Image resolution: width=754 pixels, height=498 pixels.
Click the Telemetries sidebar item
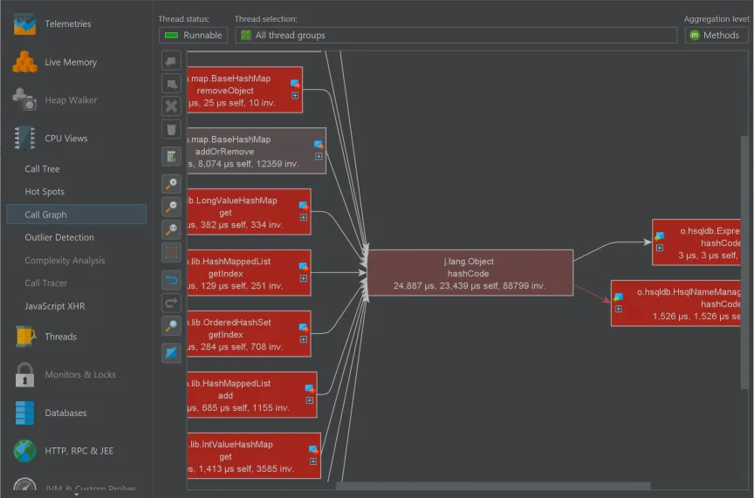click(x=67, y=24)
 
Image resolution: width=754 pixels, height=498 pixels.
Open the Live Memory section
click(x=70, y=62)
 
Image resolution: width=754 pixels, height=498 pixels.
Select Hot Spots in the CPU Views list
click(x=45, y=192)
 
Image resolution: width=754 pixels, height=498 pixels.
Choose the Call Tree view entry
click(x=42, y=169)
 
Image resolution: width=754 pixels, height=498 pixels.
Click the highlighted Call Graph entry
click(x=45, y=215)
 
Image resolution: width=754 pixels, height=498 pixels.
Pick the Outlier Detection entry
click(x=59, y=237)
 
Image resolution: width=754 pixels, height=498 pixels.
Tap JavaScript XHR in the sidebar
click(x=55, y=306)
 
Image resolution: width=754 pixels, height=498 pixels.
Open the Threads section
click(x=60, y=337)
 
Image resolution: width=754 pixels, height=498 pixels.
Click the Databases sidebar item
click(x=65, y=413)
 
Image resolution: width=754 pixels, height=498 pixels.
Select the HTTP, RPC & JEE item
click(x=79, y=451)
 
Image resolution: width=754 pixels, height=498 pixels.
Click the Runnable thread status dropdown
click(x=193, y=35)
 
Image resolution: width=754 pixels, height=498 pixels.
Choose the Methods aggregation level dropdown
click(x=716, y=35)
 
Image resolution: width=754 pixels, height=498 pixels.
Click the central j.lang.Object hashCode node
click(x=470, y=273)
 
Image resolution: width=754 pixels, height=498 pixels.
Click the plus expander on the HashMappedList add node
click(x=309, y=400)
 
